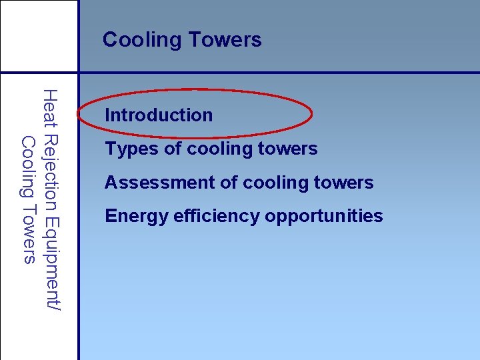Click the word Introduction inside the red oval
159,115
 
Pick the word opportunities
324,217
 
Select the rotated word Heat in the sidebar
49,109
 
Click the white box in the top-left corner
39,35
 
